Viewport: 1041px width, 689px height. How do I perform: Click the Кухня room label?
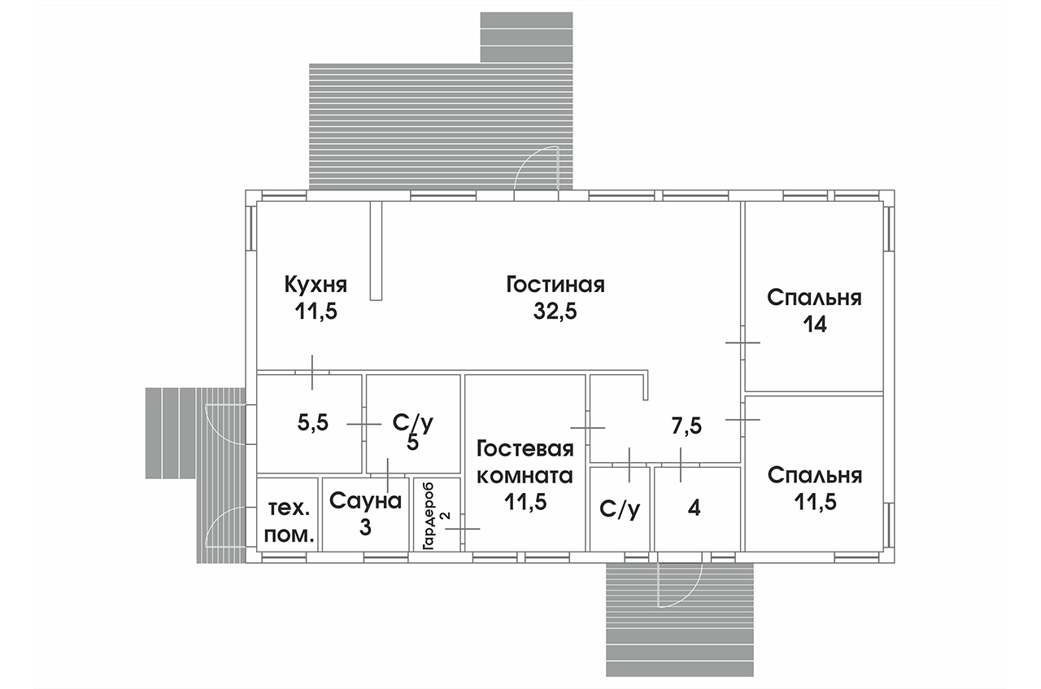tap(316, 286)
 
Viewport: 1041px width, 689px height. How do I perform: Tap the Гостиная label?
tap(555, 286)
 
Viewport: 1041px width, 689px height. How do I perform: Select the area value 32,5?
tap(555, 312)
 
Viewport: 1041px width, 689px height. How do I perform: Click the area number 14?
tap(814, 325)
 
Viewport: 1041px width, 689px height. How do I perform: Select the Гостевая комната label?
tap(525, 462)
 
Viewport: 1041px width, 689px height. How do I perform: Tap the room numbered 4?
tap(694, 508)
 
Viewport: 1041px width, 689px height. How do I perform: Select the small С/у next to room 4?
tap(619, 508)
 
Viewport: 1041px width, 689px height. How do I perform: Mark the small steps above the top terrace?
tap(526, 37)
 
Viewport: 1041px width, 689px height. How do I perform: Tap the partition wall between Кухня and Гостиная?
tap(376, 251)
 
